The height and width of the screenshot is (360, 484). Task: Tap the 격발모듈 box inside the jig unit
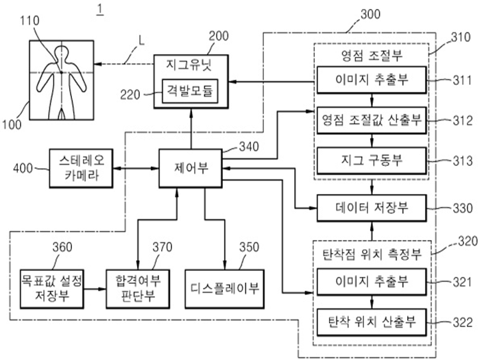(x=190, y=91)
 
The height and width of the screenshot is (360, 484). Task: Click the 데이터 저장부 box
(x=371, y=206)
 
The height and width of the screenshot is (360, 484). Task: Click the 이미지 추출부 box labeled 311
(x=371, y=80)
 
